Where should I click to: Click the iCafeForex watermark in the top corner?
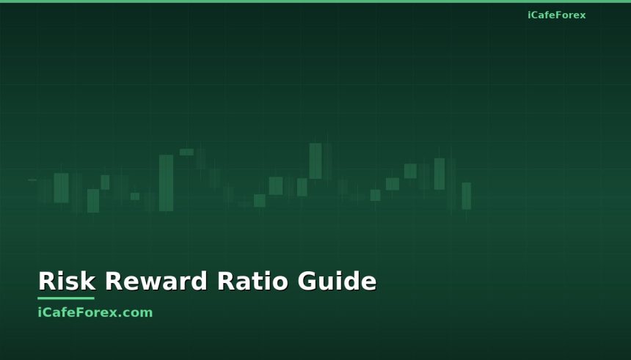pos(556,15)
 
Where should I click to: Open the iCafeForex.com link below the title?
pos(95,312)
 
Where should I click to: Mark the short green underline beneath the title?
pos(66,298)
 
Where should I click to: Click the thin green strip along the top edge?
pos(315,1)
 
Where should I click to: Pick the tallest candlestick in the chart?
pos(166,183)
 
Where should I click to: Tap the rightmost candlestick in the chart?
pos(466,196)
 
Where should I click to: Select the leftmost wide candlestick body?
pos(61,188)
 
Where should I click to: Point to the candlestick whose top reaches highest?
pos(315,161)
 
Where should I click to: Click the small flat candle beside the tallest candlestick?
pos(186,152)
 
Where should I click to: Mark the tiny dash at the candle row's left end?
pos(32,180)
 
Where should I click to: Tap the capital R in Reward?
pos(113,282)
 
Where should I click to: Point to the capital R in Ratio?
pos(225,282)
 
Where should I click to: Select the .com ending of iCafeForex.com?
pos(137,312)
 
